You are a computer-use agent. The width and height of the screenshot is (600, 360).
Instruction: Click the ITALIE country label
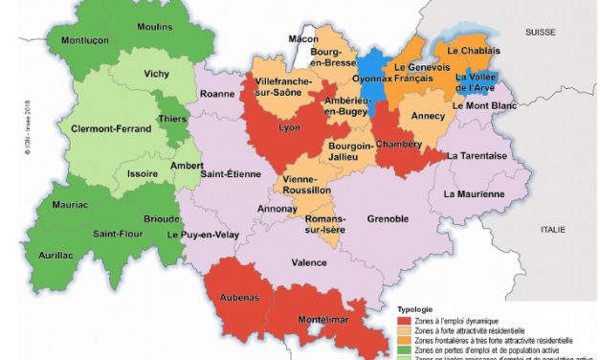tap(552, 229)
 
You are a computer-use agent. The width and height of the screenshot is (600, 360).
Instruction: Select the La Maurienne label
tap(474, 193)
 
